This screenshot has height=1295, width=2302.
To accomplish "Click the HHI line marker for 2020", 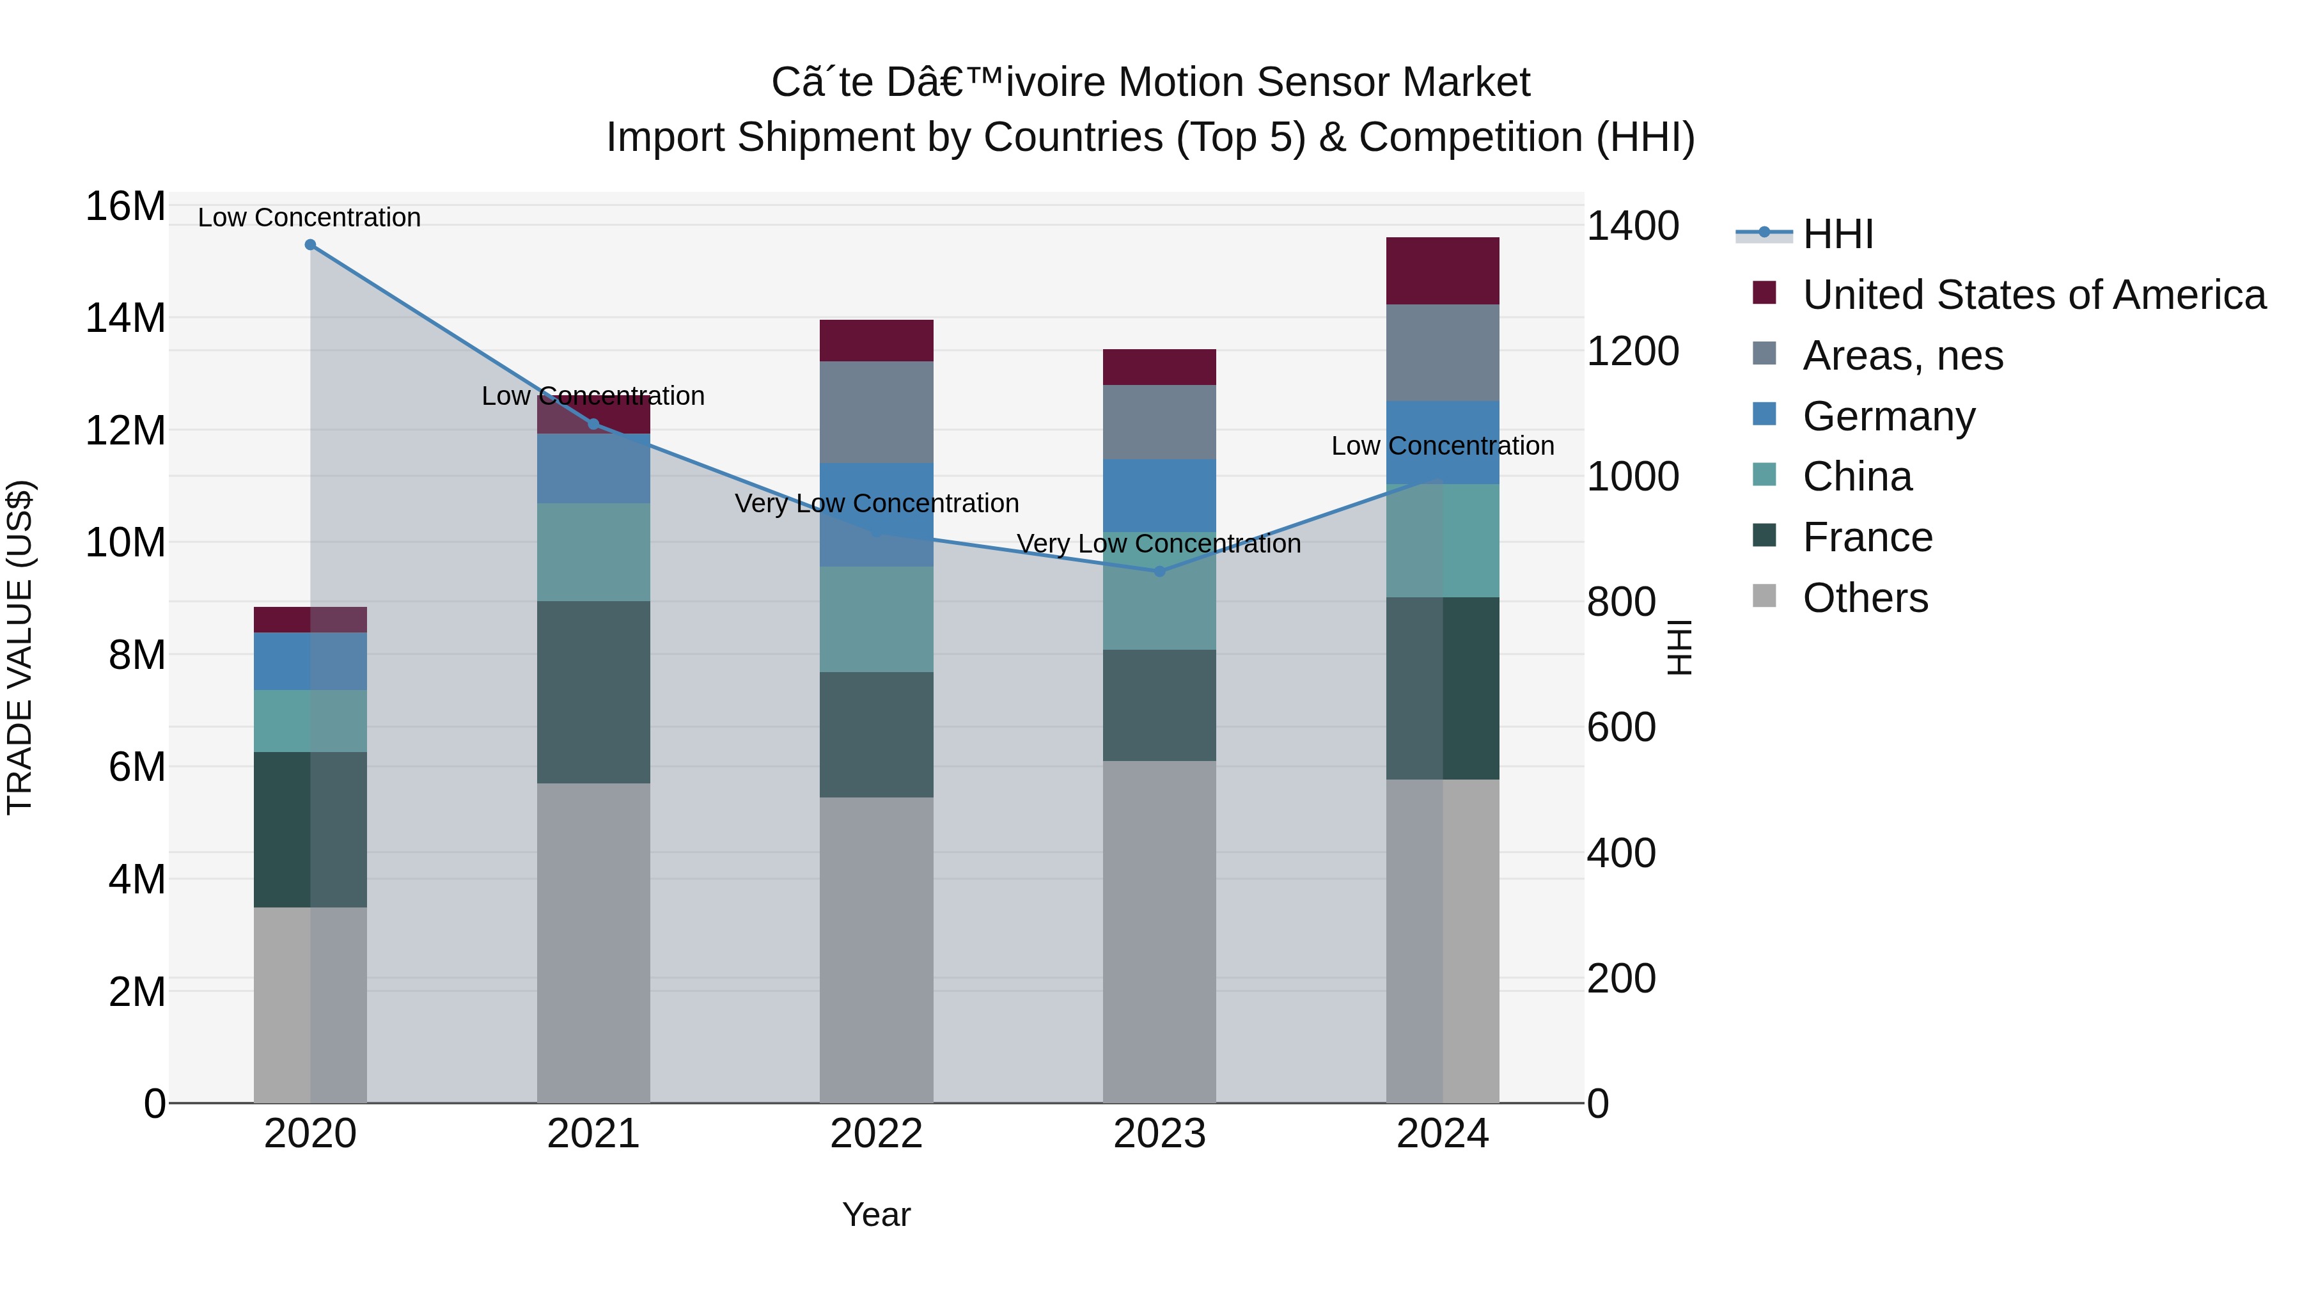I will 310,245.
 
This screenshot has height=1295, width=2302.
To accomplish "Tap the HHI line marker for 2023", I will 1159,572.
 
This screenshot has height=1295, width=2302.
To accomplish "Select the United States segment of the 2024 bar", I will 1443,271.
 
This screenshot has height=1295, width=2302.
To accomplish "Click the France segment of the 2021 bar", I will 593,692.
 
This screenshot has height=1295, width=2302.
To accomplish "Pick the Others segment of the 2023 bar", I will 1159,931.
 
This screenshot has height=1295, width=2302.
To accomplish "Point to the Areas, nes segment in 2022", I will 877,412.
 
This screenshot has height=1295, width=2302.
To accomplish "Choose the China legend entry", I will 1856,476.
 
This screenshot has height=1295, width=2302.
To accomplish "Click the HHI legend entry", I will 1836,234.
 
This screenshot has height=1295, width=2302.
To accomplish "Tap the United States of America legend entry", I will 2033,295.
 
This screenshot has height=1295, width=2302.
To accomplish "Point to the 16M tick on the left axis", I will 125,207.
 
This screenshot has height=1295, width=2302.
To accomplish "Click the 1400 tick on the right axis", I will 1632,226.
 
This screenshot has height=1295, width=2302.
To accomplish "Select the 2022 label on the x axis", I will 876,1134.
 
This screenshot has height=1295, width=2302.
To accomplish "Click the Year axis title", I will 876,1214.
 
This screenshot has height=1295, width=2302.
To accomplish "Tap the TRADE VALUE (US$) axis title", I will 20,647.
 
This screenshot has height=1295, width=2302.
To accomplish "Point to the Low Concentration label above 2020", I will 309,217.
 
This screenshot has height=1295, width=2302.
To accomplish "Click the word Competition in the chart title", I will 1470,137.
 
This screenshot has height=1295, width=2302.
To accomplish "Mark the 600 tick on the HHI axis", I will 1621,728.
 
